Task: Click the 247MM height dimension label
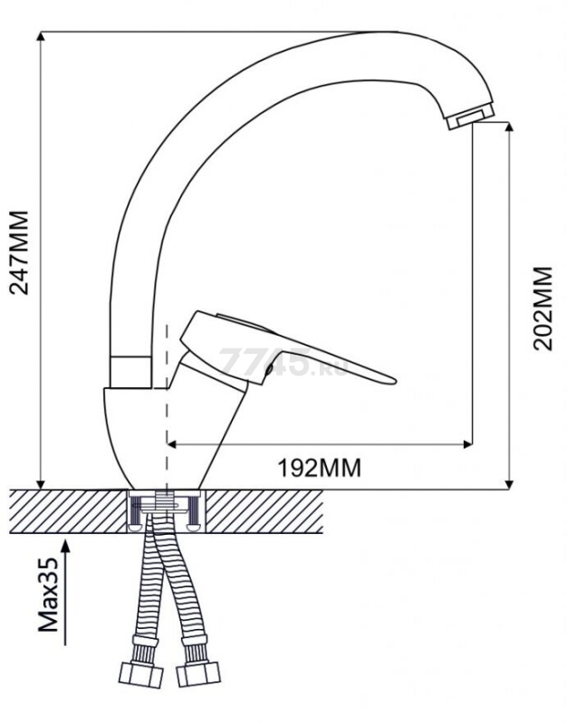click(x=19, y=252)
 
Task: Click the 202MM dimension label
click(x=542, y=309)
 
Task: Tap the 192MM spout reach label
click(x=320, y=468)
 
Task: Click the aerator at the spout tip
click(x=471, y=116)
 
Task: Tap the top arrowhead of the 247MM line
click(x=42, y=37)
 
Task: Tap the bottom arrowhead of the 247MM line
click(x=42, y=483)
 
